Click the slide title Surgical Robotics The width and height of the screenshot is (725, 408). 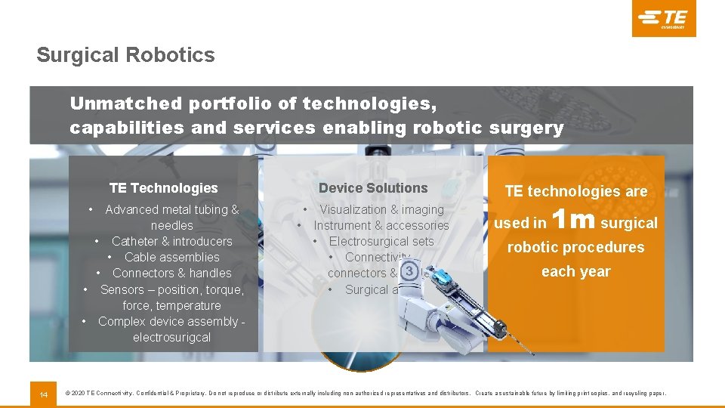(125, 55)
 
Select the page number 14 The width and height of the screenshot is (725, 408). (43, 394)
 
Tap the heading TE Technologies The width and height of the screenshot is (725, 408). (163, 188)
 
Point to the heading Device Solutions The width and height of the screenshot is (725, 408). (373, 188)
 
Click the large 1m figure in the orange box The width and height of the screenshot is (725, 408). (574, 220)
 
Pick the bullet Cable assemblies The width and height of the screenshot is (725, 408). (171, 257)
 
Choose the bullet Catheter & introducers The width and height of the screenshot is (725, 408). (171, 241)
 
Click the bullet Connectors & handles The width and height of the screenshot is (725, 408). (171, 273)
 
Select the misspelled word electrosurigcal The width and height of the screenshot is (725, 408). (171, 337)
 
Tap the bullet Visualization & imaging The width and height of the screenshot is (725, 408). (381, 209)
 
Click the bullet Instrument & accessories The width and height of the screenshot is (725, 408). (381, 225)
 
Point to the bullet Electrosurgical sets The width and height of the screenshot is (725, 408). (381, 241)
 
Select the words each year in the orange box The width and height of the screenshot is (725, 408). (575, 271)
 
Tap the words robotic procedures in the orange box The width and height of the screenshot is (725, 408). (575, 247)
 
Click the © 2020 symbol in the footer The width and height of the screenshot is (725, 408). (76, 394)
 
